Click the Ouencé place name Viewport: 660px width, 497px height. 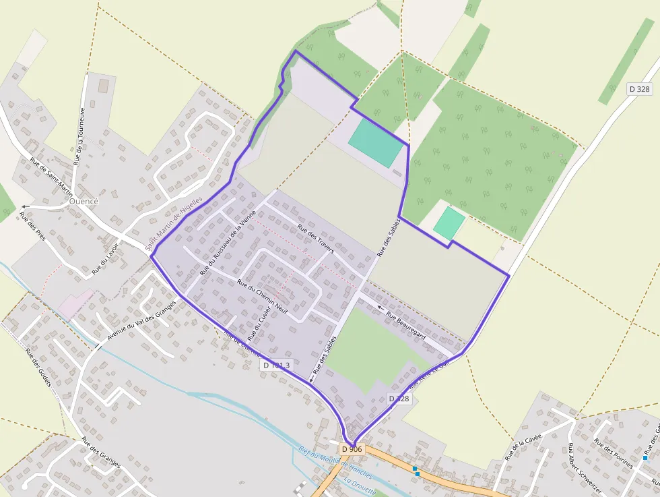84,202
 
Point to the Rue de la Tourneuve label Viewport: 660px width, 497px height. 79,137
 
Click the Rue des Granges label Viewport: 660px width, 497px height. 101,452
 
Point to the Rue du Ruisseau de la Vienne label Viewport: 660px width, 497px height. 228,244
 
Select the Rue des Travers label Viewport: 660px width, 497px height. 315,241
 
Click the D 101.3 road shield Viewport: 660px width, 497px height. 277,365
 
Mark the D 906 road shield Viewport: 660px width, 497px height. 352,449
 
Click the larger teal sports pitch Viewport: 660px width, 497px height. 376,143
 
